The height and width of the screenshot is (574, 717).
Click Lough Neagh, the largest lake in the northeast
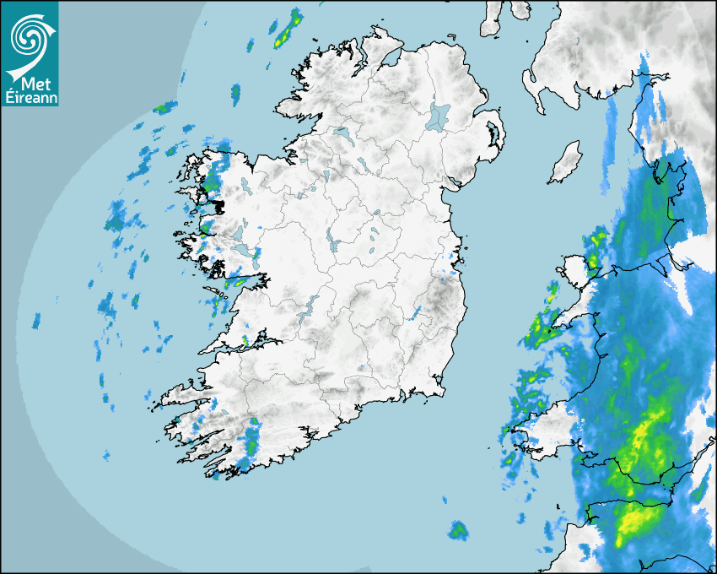point(439,116)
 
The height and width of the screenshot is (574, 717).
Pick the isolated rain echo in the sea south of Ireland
point(458,530)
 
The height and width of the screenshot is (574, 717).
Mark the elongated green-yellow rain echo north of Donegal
point(288,29)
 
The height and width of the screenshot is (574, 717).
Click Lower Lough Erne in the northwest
point(342,133)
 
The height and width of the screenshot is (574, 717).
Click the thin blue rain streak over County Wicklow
point(415,313)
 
